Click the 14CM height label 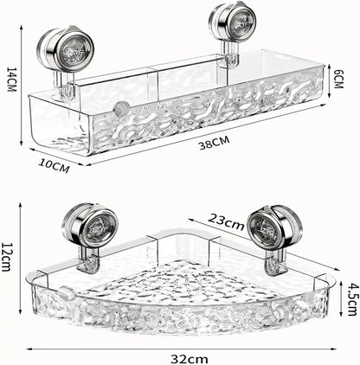coord(9,83)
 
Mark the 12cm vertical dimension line coord(21,256)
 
